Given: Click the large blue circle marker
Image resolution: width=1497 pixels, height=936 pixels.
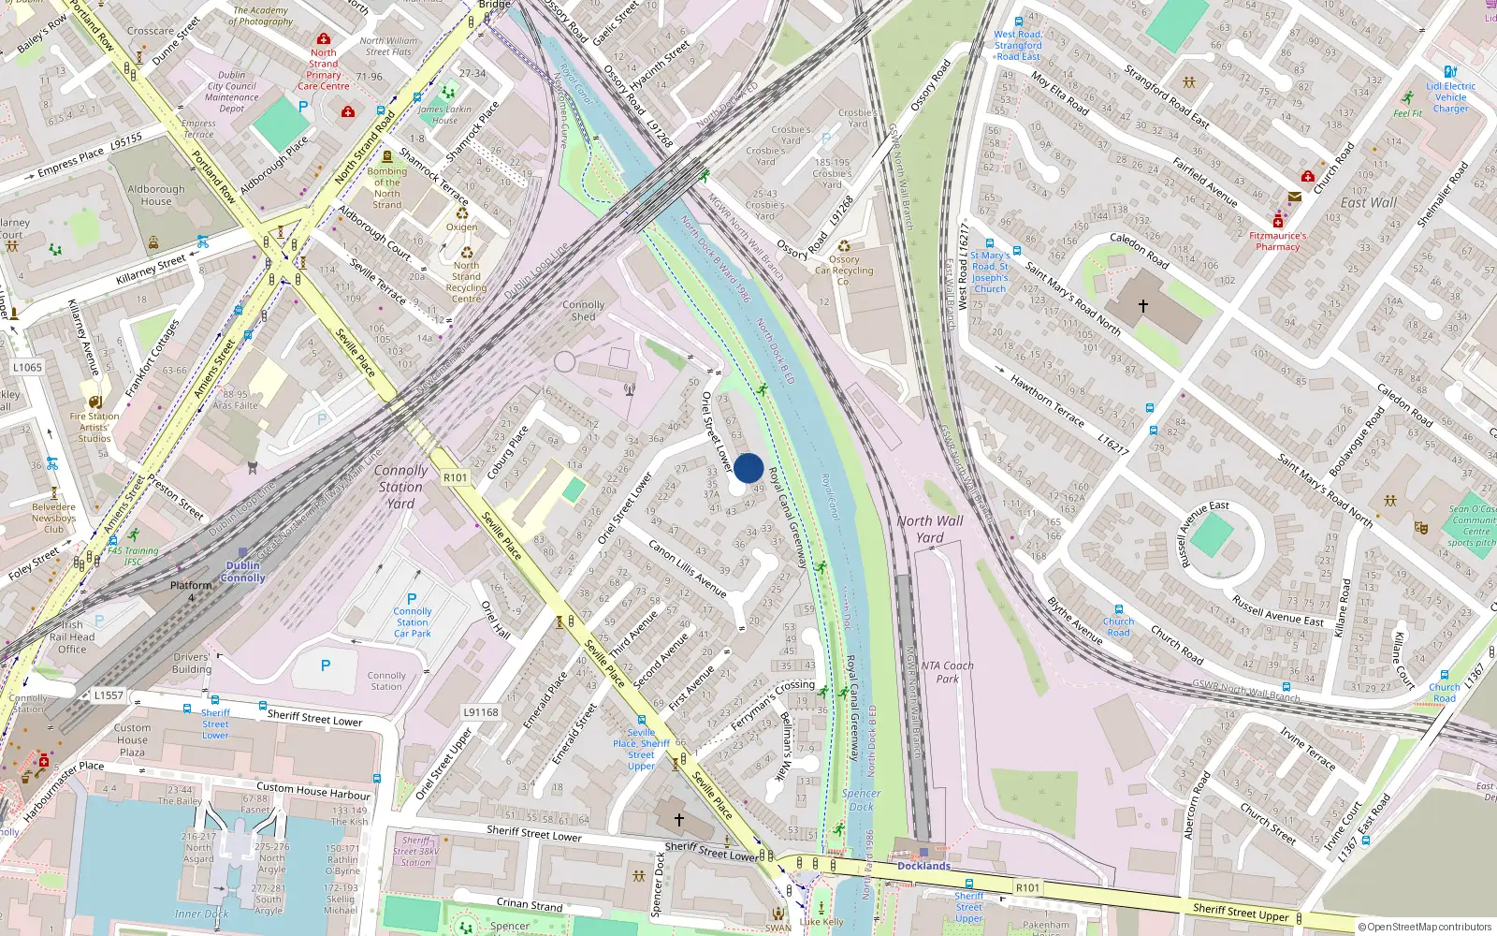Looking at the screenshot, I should [748, 468].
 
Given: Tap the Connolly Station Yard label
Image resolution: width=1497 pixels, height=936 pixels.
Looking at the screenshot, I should [400, 487].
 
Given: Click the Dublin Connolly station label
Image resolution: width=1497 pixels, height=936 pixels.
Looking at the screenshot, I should [243, 572].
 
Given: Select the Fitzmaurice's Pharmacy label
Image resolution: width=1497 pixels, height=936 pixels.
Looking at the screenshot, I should [1278, 241].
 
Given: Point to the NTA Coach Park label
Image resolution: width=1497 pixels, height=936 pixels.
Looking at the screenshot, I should [947, 672].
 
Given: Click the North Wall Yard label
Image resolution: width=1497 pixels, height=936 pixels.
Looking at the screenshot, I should [929, 529].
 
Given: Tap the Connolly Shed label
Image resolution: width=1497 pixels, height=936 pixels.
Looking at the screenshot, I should [583, 311].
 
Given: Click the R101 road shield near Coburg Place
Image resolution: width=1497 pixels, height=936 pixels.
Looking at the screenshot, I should [456, 477].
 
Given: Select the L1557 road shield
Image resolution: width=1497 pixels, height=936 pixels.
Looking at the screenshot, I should [109, 695].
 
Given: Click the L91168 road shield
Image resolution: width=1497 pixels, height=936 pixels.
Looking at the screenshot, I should [481, 712].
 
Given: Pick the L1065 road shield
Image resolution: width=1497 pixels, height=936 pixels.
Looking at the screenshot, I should [27, 367].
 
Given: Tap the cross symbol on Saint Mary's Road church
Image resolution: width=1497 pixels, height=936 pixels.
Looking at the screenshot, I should [1142, 306].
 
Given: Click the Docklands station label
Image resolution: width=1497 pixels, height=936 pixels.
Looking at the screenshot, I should [923, 866].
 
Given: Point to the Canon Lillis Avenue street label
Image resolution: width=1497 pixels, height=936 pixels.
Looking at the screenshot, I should [688, 569].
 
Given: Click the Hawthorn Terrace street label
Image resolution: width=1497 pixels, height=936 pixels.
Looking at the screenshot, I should [1047, 402].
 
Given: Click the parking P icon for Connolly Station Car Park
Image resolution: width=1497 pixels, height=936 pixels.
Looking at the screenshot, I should [412, 599].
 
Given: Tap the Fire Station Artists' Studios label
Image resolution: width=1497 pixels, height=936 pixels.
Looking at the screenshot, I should [94, 427].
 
